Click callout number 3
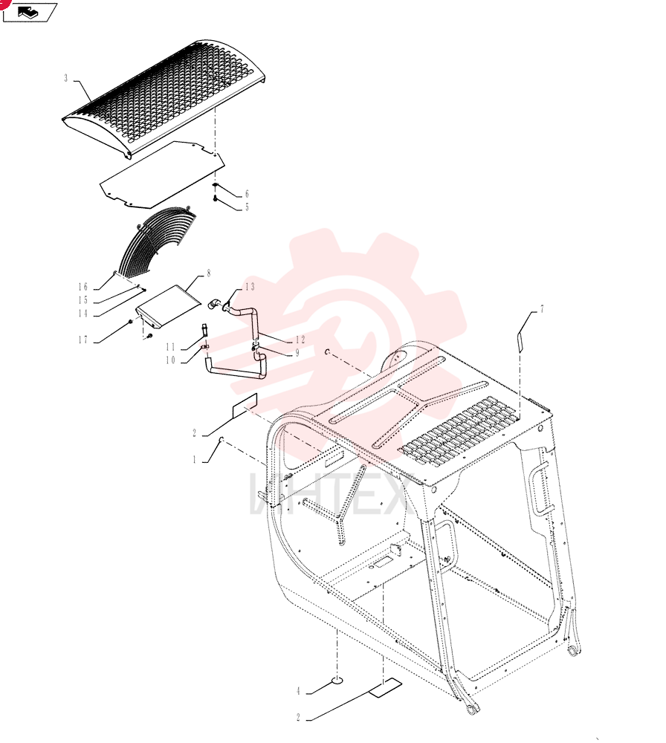coord(66,78)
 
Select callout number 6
coord(247,194)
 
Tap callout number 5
coord(247,207)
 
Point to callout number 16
coord(83,287)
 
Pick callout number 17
coord(83,340)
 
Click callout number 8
coord(209,273)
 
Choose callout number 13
coord(250,287)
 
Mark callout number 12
coord(300,340)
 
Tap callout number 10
coord(171,360)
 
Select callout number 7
coord(542,309)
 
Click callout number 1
coord(194,459)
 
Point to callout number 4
coord(298,691)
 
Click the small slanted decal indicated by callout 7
coord(520,342)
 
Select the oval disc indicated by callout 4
coord(337,681)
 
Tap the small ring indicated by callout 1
coord(221,441)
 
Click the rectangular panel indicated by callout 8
coord(169,305)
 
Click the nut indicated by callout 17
coord(130,322)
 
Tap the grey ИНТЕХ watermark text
coord(328,494)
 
